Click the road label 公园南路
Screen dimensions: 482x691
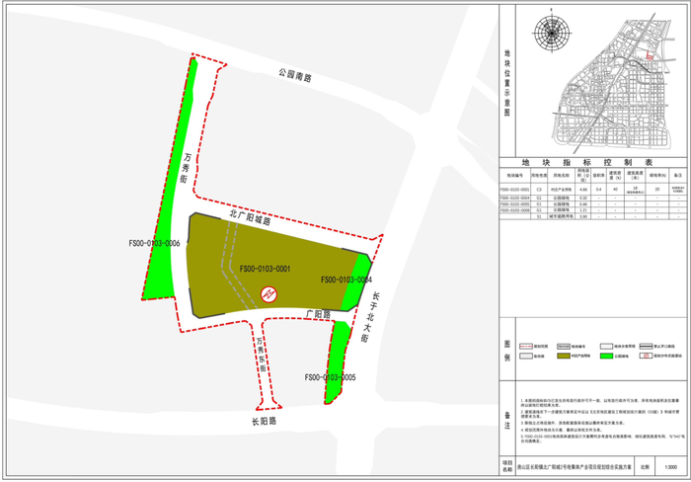click(294, 75)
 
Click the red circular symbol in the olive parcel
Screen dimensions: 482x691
click(267, 293)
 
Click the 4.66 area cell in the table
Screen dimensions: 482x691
click(583, 189)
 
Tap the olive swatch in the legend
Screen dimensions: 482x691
click(566, 356)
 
